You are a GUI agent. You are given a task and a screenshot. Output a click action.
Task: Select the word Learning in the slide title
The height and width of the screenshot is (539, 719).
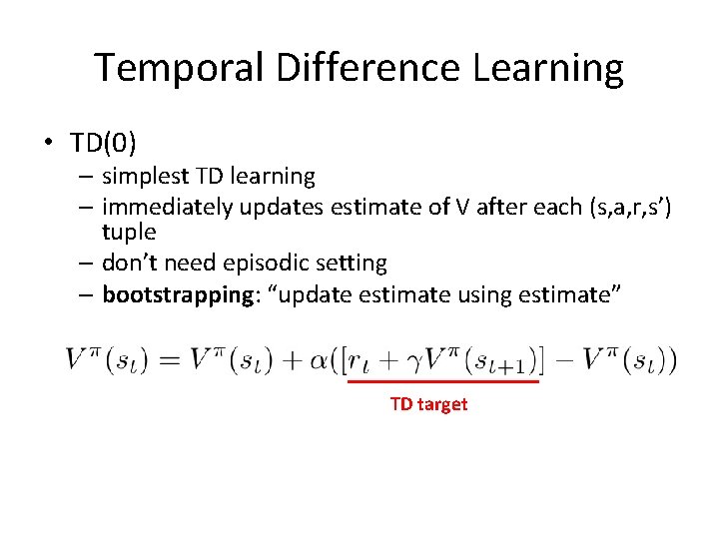[x=542, y=68]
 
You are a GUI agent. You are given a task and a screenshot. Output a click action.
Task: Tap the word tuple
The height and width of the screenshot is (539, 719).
[x=129, y=232]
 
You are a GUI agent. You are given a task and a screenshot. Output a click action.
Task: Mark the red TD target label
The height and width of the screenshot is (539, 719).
[x=428, y=404]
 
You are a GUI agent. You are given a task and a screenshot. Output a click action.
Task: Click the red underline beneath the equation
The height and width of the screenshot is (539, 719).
[x=442, y=381]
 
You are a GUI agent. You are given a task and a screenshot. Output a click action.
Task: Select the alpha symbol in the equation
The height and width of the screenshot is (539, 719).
[x=320, y=359]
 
